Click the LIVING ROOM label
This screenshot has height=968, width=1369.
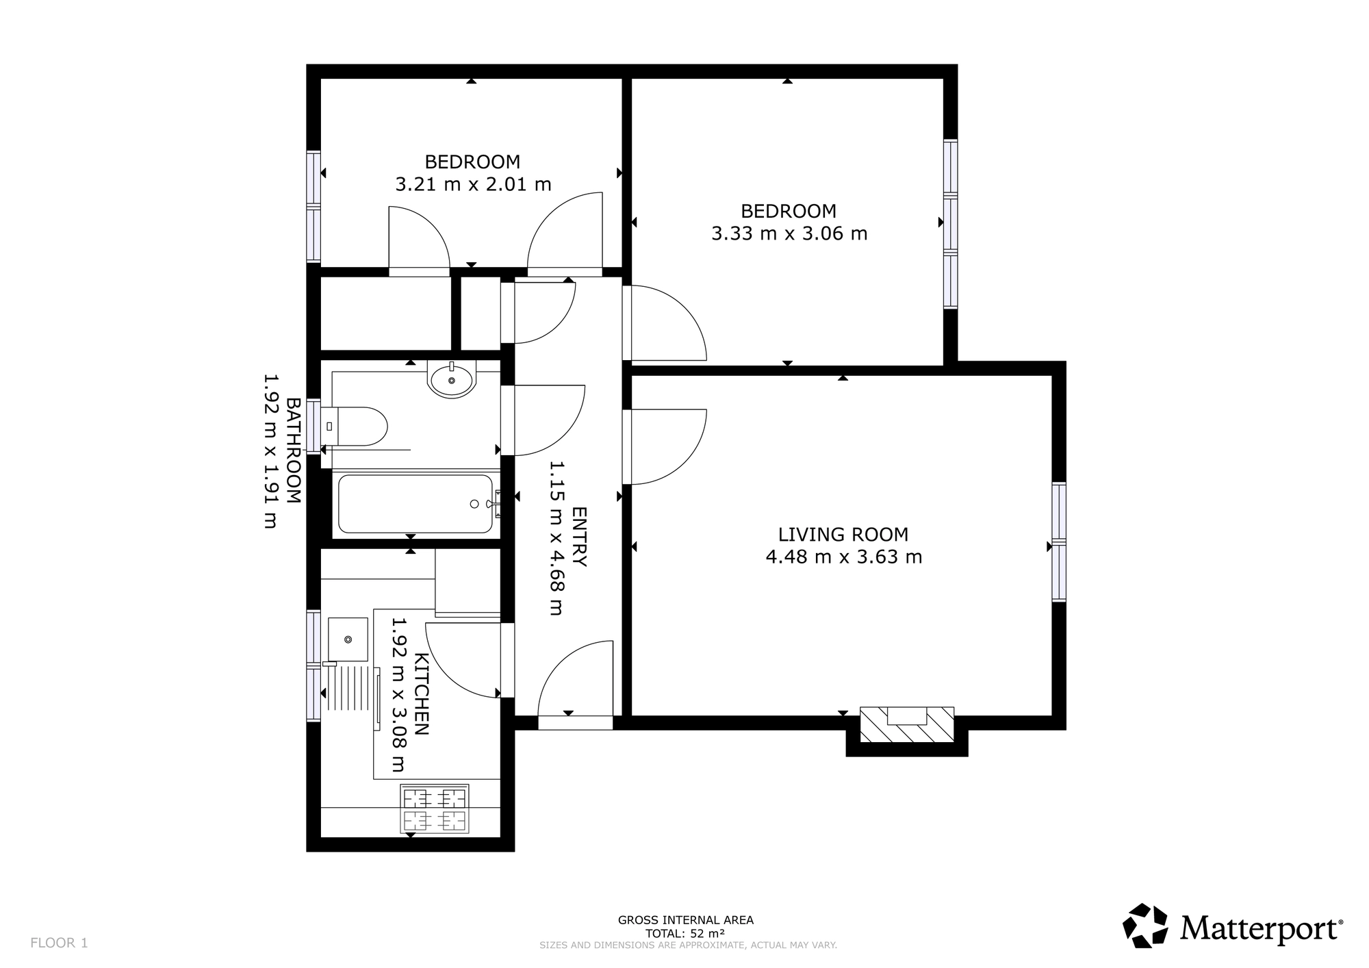(843, 534)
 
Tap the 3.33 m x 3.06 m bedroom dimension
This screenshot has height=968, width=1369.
(789, 233)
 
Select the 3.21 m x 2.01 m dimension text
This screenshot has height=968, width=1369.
(473, 184)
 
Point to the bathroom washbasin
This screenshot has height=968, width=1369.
(451, 379)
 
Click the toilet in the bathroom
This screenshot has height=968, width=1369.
(355, 426)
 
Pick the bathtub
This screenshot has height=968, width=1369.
(415, 504)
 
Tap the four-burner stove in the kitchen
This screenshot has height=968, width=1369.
(435, 808)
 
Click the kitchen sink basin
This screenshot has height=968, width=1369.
(348, 639)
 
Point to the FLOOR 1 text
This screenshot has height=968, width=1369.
(59, 943)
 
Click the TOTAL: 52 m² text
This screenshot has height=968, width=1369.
(685, 933)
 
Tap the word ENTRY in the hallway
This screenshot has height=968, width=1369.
(579, 537)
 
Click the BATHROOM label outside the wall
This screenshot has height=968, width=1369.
(293, 450)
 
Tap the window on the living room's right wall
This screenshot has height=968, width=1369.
(1059, 542)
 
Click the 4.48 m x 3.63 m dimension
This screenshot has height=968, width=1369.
(844, 557)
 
